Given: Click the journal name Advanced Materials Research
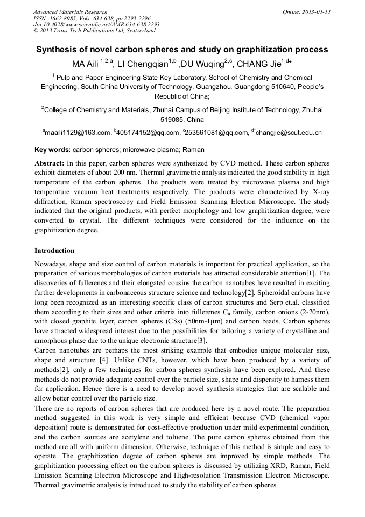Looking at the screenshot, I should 70,12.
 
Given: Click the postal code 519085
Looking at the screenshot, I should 172,119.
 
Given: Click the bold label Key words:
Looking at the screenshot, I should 52,149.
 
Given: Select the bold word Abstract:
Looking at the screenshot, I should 49,163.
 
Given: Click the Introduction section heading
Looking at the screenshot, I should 54,251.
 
